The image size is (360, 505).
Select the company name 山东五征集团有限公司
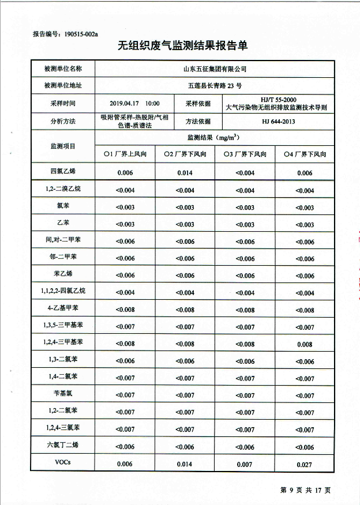pos(214,69)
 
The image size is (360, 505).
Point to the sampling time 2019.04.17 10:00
pos(134,104)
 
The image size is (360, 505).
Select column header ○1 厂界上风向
pos(125,154)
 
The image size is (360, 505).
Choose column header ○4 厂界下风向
pos(305,154)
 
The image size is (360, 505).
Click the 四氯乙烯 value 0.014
pos(185,173)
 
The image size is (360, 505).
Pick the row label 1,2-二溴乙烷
pos(63,189)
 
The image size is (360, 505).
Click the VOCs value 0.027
pos(305,465)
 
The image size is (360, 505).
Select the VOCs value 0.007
pos(245,464)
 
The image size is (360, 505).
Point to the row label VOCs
pos(63,462)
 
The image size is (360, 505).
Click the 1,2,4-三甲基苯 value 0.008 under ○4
pos(305,345)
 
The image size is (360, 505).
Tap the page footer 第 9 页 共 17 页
pos(305,490)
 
